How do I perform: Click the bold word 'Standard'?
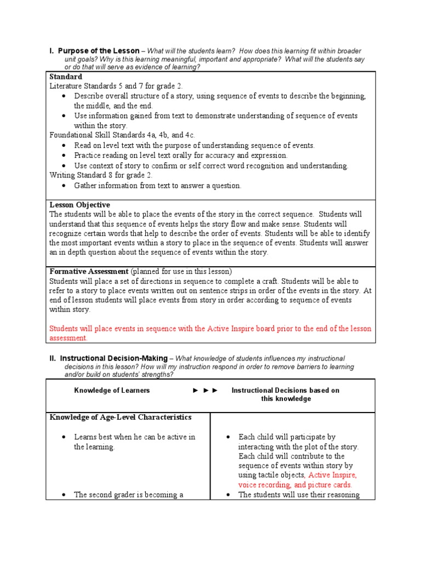click(x=66, y=77)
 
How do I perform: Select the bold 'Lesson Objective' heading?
click(x=80, y=205)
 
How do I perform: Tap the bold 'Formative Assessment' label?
click(x=89, y=272)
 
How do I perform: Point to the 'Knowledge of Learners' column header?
click(x=112, y=391)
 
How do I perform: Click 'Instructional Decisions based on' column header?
click(x=285, y=391)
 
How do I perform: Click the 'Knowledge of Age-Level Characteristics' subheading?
click(x=121, y=417)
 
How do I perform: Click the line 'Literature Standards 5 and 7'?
click(x=116, y=87)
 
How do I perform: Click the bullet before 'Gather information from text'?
click(x=64, y=186)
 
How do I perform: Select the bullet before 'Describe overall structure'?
click(x=64, y=96)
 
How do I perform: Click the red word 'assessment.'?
click(x=69, y=339)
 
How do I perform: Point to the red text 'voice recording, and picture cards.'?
click(x=295, y=485)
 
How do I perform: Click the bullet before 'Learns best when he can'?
click(x=64, y=437)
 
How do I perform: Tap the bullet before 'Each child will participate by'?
click(x=228, y=437)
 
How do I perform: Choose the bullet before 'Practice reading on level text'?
click(x=64, y=156)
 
